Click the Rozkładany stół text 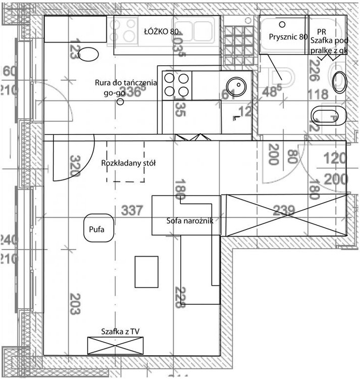coord(128,163)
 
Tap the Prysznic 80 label coord(288,37)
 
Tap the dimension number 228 coord(180,297)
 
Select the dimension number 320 coord(75,166)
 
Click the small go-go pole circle coord(120,102)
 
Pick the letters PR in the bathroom coord(322,31)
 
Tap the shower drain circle coord(282,23)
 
